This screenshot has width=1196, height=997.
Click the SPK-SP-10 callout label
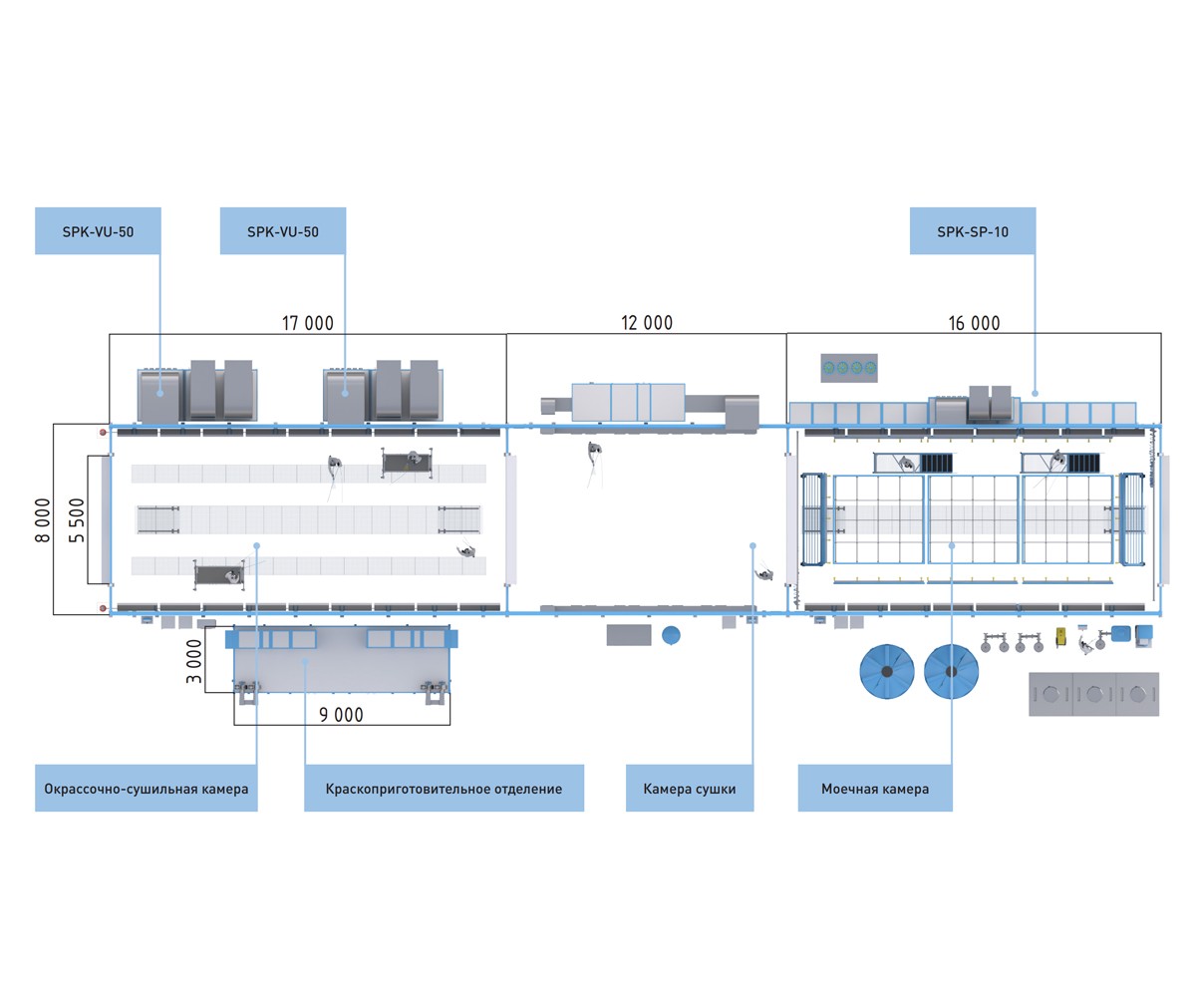click(x=973, y=231)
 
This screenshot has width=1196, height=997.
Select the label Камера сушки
click(x=690, y=789)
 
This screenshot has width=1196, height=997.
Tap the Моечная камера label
click(x=875, y=789)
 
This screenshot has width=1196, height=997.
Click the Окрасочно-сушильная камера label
click(x=147, y=789)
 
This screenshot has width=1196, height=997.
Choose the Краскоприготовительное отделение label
click(x=444, y=789)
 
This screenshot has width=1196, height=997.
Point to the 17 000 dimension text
click(x=308, y=323)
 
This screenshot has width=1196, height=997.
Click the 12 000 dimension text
click(x=647, y=323)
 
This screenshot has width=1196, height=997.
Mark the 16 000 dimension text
click(x=975, y=323)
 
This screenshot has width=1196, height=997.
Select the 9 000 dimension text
click(x=342, y=715)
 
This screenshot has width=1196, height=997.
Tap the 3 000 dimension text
click(x=194, y=661)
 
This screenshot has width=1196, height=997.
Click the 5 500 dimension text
click(x=76, y=520)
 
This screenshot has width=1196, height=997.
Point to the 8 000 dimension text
click(x=43, y=520)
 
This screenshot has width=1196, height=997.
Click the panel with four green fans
click(x=849, y=368)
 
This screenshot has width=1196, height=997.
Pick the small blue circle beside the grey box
click(x=671, y=635)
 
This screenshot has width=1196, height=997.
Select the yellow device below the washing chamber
click(x=1060, y=637)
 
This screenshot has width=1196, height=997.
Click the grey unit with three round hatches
click(x=1094, y=694)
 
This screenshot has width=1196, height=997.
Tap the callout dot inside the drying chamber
click(x=753, y=546)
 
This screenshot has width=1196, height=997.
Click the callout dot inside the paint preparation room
click(x=305, y=661)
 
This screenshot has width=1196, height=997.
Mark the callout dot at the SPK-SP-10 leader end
click(x=1036, y=393)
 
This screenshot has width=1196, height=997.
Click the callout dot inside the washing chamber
click(x=952, y=546)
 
